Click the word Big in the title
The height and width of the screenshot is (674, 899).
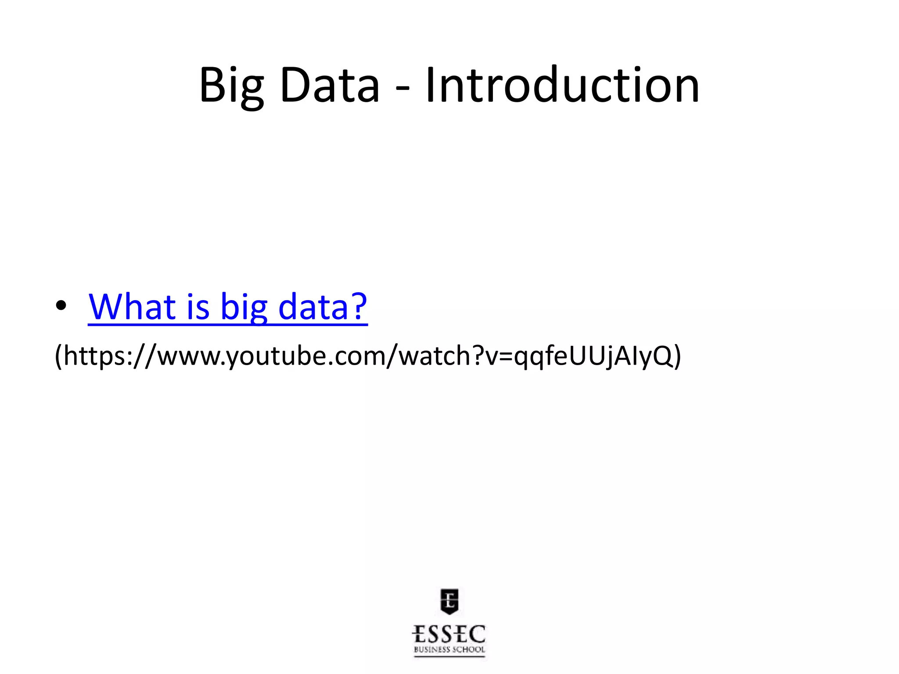[231, 86]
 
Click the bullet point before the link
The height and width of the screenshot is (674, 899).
[61, 306]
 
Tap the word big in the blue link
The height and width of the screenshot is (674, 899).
[244, 307]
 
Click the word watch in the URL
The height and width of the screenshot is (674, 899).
[435, 355]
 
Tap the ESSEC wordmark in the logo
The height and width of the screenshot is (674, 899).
[449, 635]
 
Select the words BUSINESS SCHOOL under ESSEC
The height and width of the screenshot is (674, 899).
[449, 650]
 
